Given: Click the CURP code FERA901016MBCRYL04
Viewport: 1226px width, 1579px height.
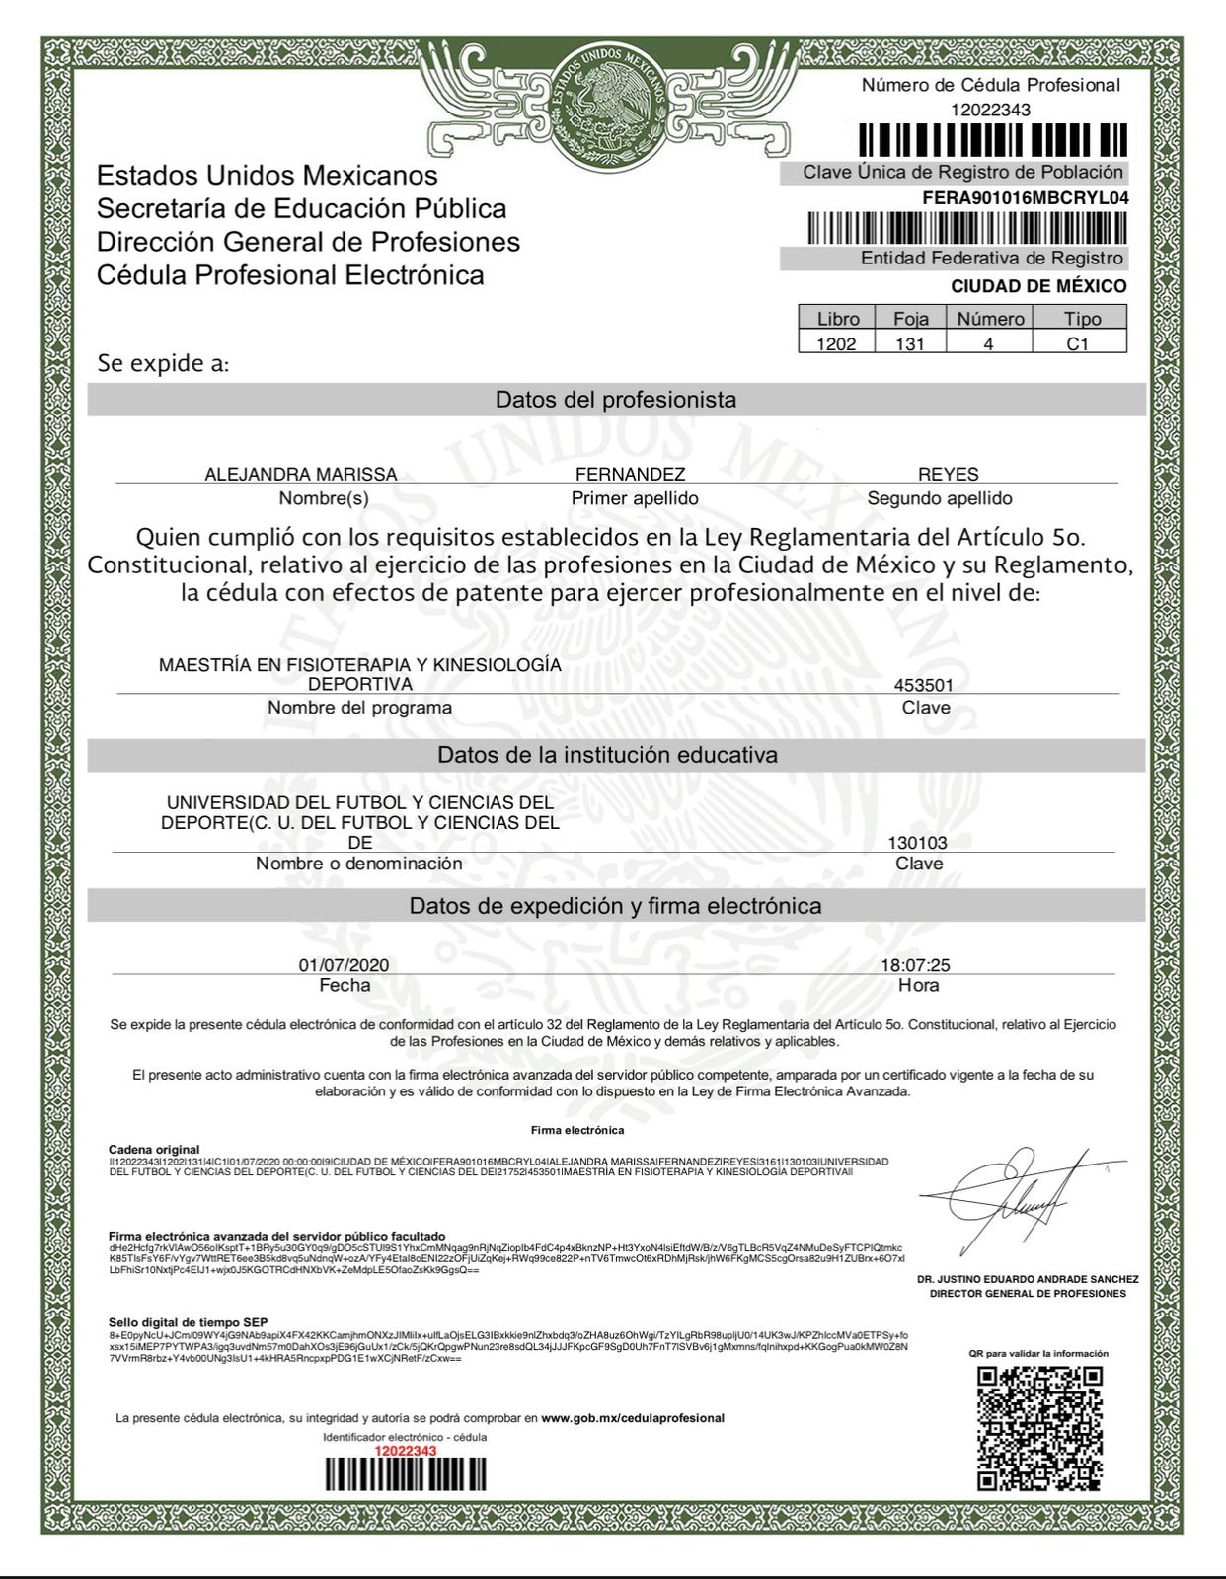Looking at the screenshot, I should pos(1025,197).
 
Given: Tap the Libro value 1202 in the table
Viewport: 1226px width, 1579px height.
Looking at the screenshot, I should pos(836,343).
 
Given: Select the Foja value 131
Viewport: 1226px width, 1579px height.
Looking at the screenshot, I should pos(909,343).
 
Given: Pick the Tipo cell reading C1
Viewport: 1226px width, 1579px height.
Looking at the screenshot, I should pos(1078,343).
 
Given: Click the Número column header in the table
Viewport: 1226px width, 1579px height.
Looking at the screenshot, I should pos(990,319).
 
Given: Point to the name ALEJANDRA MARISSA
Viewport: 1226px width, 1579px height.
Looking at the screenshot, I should pos(300,474).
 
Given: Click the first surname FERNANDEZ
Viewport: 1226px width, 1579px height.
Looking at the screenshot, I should pos(630,474).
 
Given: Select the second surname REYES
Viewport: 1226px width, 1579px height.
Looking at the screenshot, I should pos(948,474).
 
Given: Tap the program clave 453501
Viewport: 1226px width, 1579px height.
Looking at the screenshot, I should pos(923,685).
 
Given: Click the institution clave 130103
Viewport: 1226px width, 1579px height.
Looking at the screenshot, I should pos(917,843).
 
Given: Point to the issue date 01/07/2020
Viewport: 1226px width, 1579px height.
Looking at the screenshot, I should pos(344,965).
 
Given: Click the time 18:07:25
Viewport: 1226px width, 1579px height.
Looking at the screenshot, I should pos(915,965).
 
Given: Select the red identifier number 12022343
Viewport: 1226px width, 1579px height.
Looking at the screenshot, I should pos(405,1451).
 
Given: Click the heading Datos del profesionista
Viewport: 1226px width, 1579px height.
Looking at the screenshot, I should pos(615,400).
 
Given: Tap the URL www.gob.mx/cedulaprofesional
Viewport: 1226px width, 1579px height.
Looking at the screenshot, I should pos(632,1418).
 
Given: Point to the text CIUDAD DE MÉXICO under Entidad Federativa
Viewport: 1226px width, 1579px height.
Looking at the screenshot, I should pos(1037,286).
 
